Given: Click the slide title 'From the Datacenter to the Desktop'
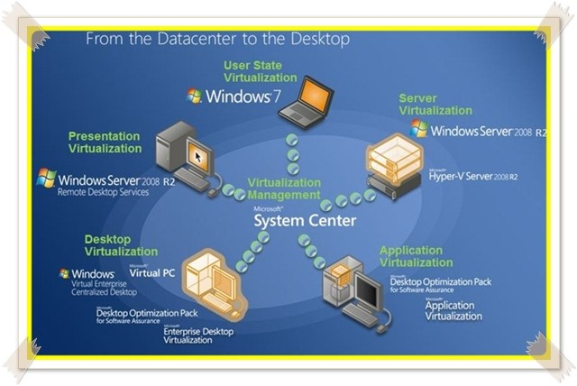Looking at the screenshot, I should (217, 40).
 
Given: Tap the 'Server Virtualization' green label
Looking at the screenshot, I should (435, 104).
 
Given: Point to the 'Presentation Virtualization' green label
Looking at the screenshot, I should (105, 142).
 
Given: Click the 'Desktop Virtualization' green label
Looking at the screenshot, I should (121, 245).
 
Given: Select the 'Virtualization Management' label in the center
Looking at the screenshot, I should (283, 188).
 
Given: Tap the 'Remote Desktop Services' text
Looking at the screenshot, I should (102, 192).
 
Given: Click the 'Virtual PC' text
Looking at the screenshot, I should (151, 271).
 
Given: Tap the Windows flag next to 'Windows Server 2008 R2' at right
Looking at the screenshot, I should (418, 130).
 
